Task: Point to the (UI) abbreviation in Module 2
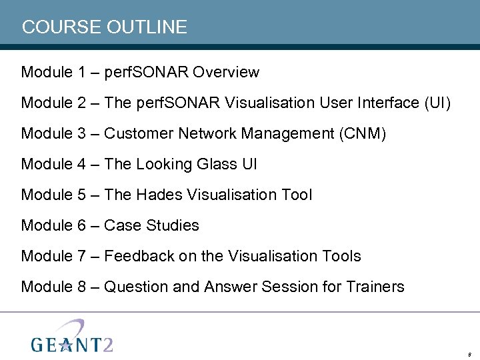point(437,103)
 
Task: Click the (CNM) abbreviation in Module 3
point(362,133)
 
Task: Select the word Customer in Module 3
point(139,133)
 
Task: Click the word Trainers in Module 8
point(375,287)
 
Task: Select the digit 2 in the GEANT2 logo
point(107,343)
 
